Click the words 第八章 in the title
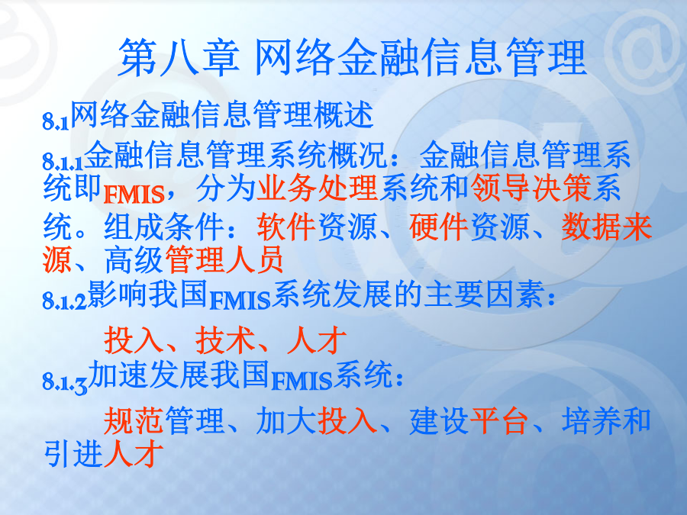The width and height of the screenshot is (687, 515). (179, 57)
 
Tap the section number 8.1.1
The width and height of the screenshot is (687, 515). (63, 162)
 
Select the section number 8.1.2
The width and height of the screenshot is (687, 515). (65, 301)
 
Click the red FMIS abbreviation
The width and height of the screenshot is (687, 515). (134, 195)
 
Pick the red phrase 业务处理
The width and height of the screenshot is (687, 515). (318, 188)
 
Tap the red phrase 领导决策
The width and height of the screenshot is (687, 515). (531, 188)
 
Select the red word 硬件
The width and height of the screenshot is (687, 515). (439, 227)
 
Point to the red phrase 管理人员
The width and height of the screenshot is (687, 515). (224, 259)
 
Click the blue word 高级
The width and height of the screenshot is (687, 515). (134, 259)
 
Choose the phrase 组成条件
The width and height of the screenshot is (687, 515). (164, 227)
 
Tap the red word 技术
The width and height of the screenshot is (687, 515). (225, 340)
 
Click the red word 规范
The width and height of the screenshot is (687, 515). (134, 420)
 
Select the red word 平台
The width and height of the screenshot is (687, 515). (498, 420)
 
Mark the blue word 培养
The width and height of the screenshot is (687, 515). (592, 420)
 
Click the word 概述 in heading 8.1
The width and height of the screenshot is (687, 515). (343, 114)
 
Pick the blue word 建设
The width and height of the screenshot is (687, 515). (439, 420)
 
